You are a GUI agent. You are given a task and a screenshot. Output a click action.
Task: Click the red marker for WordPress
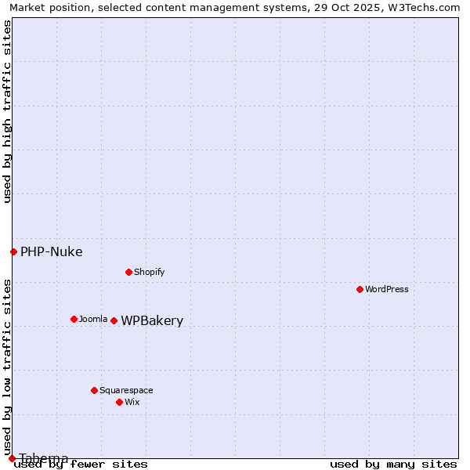(x=360, y=289)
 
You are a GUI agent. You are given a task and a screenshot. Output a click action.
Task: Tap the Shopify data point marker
(x=128, y=272)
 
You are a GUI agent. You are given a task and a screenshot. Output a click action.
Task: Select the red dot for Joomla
(x=74, y=319)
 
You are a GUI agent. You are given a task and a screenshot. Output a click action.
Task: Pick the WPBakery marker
(x=114, y=320)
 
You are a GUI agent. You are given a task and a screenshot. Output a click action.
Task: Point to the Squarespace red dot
(x=94, y=390)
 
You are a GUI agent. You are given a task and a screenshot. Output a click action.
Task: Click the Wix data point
(x=119, y=402)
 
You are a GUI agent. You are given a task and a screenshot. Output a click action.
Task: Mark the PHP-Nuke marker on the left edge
(x=13, y=251)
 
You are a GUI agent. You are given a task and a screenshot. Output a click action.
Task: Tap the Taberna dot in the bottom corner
(x=12, y=458)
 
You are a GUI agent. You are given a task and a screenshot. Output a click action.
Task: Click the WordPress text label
(x=387, y=289)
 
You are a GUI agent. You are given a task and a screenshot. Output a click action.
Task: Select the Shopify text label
(x=149, y=272)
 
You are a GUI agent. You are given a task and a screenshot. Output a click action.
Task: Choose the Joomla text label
(x=93, y=319)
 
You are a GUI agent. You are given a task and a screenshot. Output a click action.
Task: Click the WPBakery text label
(x=152, y=321)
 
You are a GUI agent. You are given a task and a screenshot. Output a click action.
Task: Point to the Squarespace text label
(x=126, y=390)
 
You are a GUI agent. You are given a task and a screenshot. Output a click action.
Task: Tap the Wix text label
(x=132, y=402)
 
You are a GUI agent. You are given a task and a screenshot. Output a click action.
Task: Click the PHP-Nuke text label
(x=51, y=252)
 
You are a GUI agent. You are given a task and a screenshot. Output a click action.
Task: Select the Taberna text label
(x=44, y=458)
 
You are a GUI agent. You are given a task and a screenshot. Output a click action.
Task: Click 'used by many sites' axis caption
(x=393, y=465)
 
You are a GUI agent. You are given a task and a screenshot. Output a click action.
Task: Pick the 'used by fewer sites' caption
(x=81, y=465)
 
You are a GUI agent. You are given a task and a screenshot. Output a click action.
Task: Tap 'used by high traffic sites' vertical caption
(x=7, y=111)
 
